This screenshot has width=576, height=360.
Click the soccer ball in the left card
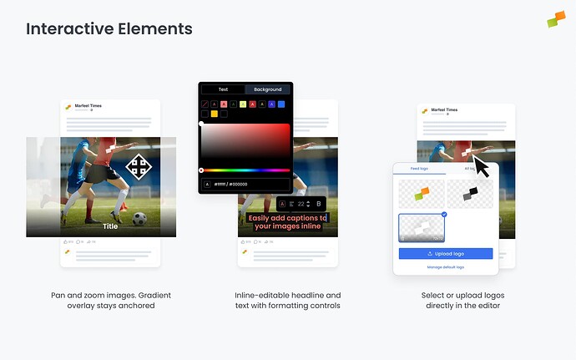pos(139,219)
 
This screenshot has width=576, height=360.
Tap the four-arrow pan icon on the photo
pos(139,167)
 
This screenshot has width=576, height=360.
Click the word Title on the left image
pos(110,226)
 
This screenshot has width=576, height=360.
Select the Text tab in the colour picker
pos(223,89)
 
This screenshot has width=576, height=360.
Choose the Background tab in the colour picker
pos(268,89)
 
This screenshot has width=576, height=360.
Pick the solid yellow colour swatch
pos(215,114)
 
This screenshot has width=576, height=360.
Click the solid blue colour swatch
pos(281,104)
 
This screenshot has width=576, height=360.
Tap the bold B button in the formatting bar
pos(318,204)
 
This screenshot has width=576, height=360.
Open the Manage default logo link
pos(446,266)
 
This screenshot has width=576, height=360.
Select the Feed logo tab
pos(419,169)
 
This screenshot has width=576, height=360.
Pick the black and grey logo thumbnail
pos(471,193)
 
